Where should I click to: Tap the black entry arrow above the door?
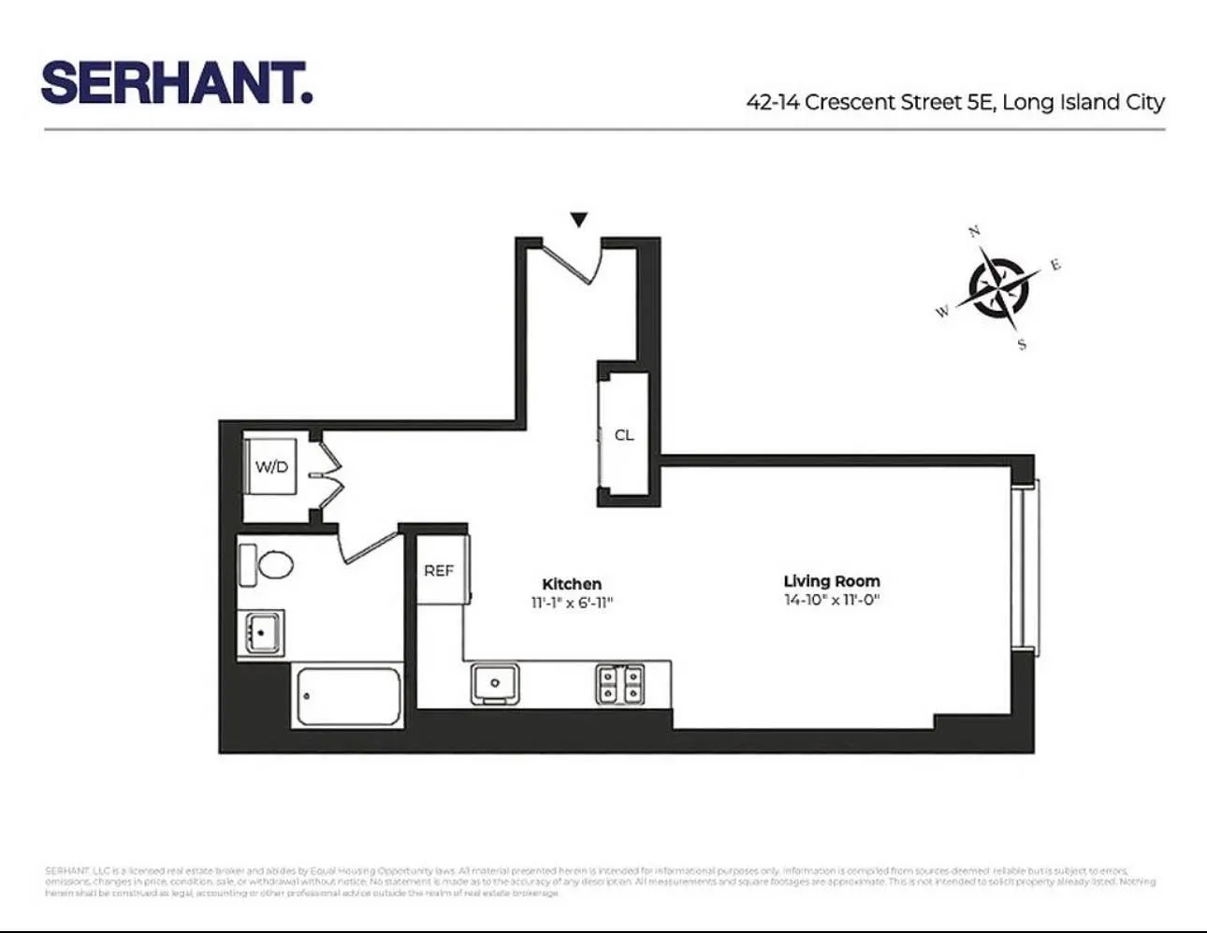pyautogui.click(x=579, y=220)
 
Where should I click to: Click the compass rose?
pyautogui.click(x=998, y=287)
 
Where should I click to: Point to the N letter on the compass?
pyautogui.click(x=974, y=231)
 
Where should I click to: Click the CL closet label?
pyautogui.click(x=624, y=435)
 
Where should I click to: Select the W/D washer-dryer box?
pyautogui.click(x=271, y=467)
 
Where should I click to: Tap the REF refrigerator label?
pyautogui.click(x=439, y=570)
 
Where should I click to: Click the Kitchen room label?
pyautogui.click(x=572, y=584)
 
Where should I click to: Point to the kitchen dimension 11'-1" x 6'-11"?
pyautogui.click(x=572, y=604)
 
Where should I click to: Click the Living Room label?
pyautogui.click(x=832, y=581)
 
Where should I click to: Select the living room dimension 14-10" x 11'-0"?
pyautogui.click(x=832, y=600)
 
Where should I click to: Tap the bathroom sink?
pyautogui.click(x=261, y=634)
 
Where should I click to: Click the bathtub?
pyautogui.click(x=347, y=696)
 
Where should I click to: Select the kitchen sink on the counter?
pyautogui.click(x=494, y=684)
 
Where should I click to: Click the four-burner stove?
pyautogui.click(x=620, y=684)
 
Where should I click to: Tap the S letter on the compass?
pyautogui.click(x=1022, y=344)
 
